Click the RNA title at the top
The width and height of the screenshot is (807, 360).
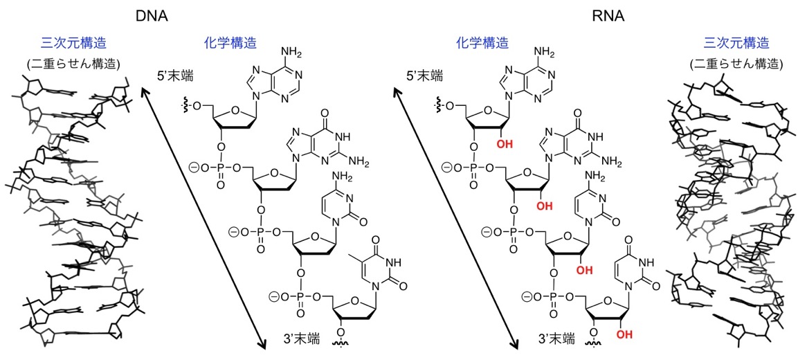point(608,13)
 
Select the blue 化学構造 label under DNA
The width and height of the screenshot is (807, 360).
point(228,43)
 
